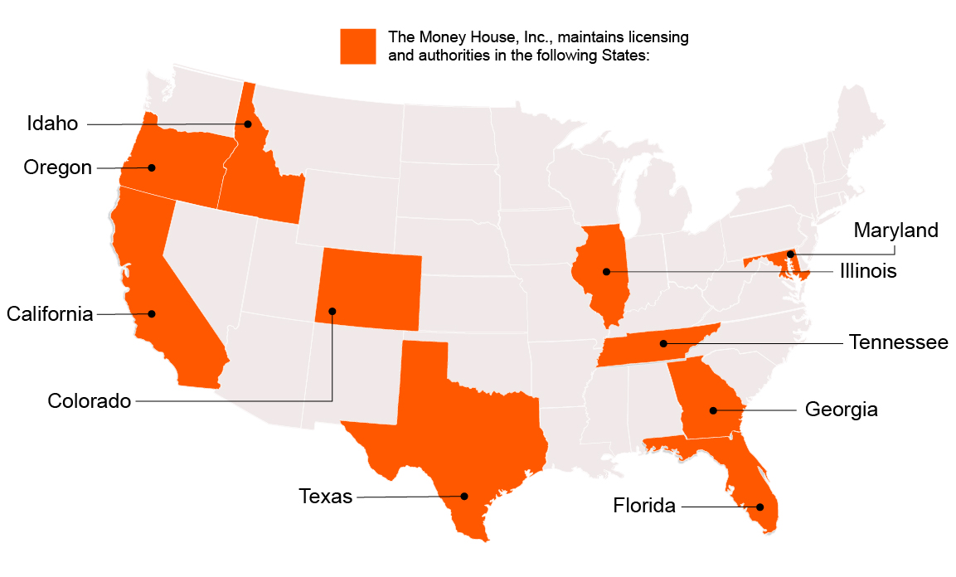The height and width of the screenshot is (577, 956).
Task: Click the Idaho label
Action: click(52, 124)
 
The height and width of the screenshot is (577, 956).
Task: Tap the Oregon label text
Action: click(58, 167)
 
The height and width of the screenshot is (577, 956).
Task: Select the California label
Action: click(50, 314)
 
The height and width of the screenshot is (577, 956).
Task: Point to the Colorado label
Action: click(90, 401)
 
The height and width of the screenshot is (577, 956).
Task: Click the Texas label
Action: click(326, 497)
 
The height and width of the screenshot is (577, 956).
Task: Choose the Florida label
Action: click(644, 505)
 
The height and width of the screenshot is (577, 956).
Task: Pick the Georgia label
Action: click(842, 410)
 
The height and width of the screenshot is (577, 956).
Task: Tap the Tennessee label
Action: click(899, 342)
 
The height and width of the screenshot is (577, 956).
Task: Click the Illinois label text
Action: click(868, 271)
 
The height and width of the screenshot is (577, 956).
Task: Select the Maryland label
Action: click(896, 230)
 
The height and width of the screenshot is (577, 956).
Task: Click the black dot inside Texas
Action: click(464, 497)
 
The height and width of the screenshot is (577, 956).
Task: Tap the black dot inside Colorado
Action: click(332, 312)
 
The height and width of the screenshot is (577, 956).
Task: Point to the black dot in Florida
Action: click(758, 507)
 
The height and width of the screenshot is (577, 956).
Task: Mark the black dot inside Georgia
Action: click(713, 410)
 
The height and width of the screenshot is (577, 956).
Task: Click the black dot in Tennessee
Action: click(663, 343)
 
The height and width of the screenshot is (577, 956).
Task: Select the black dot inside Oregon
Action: click(152, 167)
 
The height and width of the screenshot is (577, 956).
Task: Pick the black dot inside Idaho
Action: click(248, 124)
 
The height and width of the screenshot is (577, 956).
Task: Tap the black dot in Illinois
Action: click(606, 272)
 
